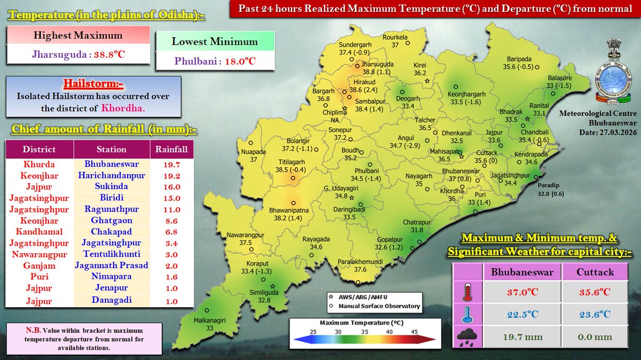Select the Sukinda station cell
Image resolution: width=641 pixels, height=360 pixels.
point(112,186)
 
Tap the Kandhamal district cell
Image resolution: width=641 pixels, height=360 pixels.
point(39,232)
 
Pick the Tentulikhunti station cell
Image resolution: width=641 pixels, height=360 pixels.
point(112,254)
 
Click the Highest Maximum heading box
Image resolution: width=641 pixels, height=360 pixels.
point(78,36)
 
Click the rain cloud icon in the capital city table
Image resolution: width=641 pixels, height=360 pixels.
point(467,338)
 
